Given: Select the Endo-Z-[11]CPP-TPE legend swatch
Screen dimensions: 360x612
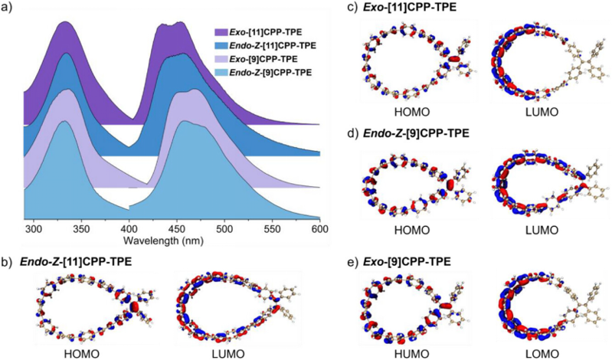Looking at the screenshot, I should click(x=221, y=46).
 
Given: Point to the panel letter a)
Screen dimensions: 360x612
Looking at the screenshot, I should click(x=8, y=8).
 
